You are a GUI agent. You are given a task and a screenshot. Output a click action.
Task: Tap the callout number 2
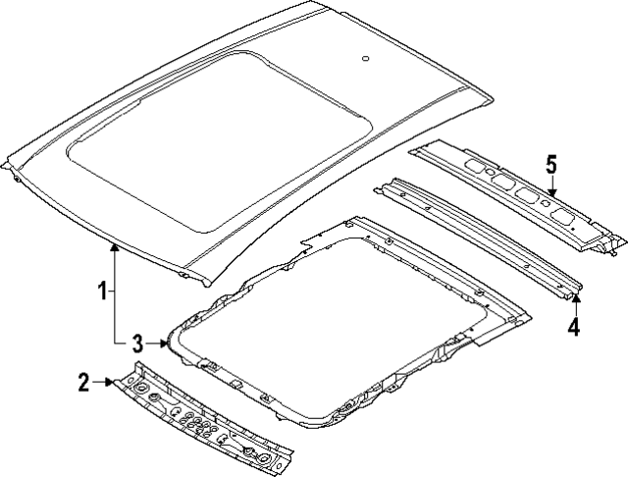click(85, 381)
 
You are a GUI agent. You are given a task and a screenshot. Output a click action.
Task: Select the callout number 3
click(137, 343)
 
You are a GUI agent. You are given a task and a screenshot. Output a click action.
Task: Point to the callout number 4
click(574, 326)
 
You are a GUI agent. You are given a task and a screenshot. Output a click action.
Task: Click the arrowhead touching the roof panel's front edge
click(114, 248)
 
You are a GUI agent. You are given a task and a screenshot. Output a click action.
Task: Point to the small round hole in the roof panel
click(365, 59)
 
